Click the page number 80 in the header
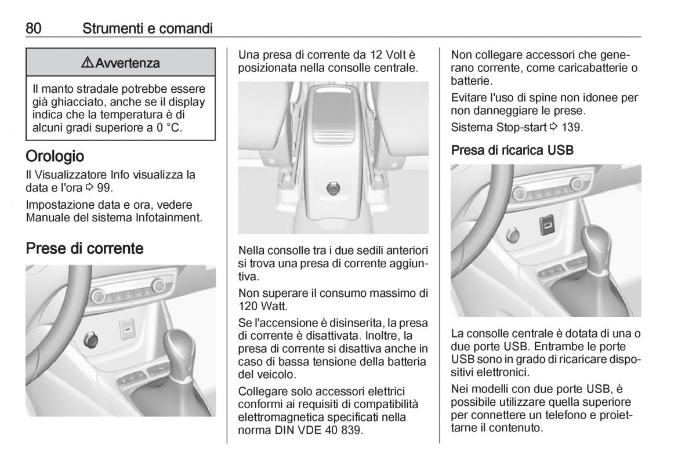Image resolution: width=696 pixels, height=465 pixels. [34, 28]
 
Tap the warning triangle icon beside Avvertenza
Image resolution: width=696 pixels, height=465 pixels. [88, 63]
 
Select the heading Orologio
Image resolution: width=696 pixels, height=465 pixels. [55, 156]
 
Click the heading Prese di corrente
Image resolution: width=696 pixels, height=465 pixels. [85, 248]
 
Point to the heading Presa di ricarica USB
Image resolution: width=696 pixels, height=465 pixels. [512, 150]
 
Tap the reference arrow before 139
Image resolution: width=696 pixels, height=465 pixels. [554, 127]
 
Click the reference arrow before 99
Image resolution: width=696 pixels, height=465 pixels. [89, 187]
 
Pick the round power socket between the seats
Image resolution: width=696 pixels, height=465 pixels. [333, 189]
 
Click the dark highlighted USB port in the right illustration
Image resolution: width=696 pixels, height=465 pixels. [547, 225]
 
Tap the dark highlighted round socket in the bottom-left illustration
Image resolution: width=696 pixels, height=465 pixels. [90, 340]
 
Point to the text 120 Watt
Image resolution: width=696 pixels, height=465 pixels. [263, 306]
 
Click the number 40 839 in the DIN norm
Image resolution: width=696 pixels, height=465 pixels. [343, 430]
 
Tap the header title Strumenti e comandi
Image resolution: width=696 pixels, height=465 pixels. [147, 28]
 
